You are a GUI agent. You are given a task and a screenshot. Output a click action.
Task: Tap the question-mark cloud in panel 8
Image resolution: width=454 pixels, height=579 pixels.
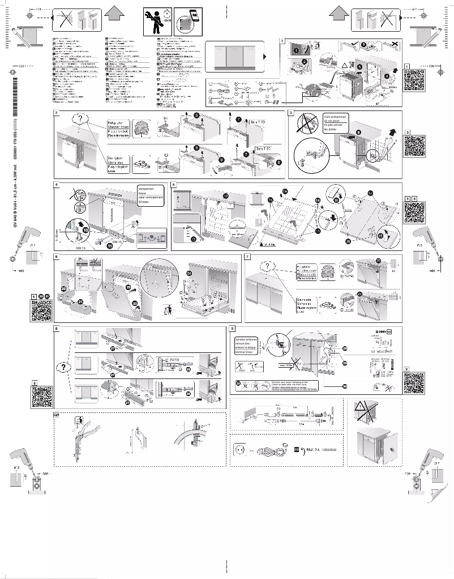tap(62, 366)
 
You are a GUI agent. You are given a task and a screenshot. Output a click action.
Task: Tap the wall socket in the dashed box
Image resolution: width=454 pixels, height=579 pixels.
tap(240, 448)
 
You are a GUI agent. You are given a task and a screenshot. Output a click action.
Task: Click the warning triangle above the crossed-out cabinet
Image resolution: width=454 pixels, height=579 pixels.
tap(360, 406)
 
